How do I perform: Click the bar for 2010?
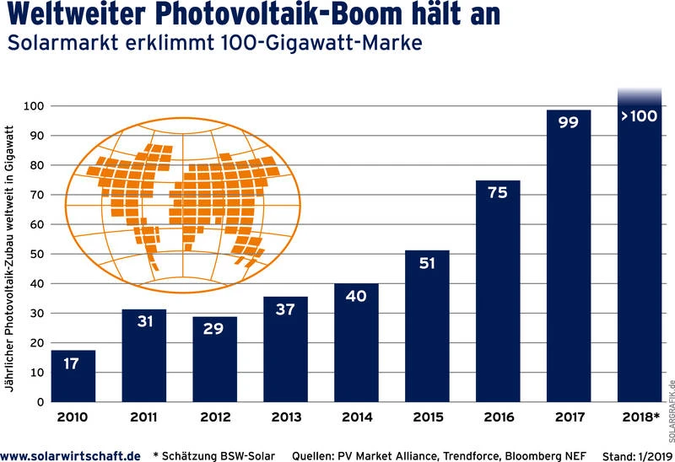[73, 376]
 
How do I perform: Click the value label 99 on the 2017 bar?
[568, 122]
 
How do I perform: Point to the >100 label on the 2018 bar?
[639, 116]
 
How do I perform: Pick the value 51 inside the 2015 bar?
[427, 263]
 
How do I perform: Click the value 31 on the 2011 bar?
[144, 321]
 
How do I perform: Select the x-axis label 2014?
[356, 417]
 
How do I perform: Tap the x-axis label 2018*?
[640, 417]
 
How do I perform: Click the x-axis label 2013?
[285, 417]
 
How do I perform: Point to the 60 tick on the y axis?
[37, 224]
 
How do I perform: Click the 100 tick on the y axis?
[35, 106]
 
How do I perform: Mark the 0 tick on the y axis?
[40, 402]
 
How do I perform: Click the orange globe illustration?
[181, 202]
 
